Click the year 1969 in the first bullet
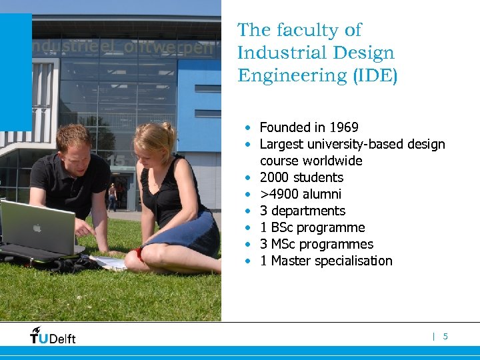(x=343, y=127)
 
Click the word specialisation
(x=351, y=261)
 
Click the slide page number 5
(x=445, y=337)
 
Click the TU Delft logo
(x=53, y=335)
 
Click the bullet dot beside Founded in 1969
(x=247, y=127)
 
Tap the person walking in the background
(x=112, y=197)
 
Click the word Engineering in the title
(x=293, y=75)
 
